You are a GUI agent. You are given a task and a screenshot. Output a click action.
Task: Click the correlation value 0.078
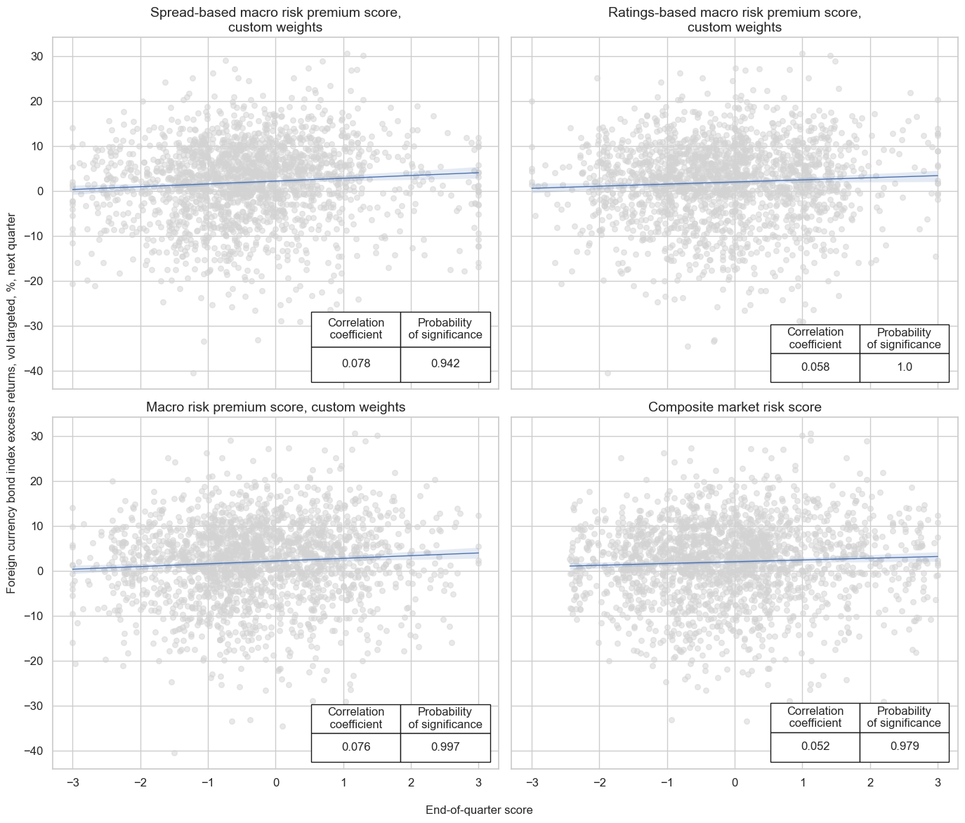(x=356, y=364)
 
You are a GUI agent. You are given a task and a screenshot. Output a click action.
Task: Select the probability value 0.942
(x=445, y=364)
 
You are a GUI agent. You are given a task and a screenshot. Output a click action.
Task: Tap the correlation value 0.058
(x=815, y=367)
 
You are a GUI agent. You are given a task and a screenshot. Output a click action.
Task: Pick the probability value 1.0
(x=904, y=367)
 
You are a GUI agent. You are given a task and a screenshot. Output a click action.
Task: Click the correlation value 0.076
(x=356, y=747)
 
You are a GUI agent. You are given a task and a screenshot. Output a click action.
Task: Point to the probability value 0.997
(x=445, y=747)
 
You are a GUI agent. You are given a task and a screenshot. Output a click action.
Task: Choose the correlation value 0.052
(x=815, y=746)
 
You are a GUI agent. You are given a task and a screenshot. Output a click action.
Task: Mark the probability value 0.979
(x=904, y=746)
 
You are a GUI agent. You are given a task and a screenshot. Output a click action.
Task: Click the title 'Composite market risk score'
(x=735, y=407)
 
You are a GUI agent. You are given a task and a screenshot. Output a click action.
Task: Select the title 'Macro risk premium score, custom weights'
(x=275, y=407)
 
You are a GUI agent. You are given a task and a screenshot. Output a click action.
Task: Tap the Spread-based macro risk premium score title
(x=275, y=20)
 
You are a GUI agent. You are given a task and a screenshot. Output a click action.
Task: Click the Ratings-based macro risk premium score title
(x=735, y=20)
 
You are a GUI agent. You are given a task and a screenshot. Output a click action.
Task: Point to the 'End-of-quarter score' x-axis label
(x=479, y=810)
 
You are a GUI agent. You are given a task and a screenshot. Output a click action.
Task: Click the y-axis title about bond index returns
(x=12, y=403)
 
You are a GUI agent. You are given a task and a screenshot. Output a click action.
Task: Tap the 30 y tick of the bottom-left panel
(x=37, y=437)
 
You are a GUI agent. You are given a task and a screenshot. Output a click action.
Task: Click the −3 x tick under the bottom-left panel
(x=72, y=783)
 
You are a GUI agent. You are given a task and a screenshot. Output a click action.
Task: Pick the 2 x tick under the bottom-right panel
(x=870, y=783)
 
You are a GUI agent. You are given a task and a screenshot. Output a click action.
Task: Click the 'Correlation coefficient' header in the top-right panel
(x=815, y=338)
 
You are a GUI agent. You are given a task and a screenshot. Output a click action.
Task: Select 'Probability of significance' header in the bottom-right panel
(x=904, y=717)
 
